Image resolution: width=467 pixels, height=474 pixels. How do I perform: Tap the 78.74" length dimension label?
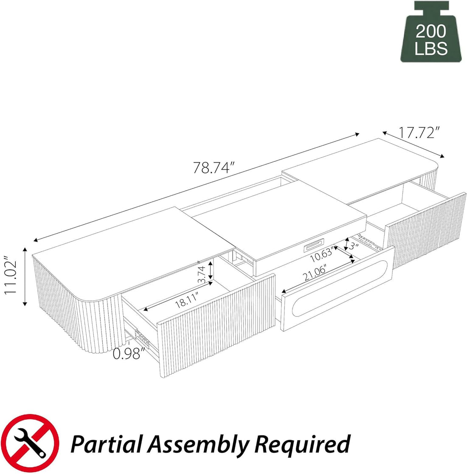214,167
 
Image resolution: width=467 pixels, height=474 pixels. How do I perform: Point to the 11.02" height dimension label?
12,280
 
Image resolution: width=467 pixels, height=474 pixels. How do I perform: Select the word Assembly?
203,444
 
